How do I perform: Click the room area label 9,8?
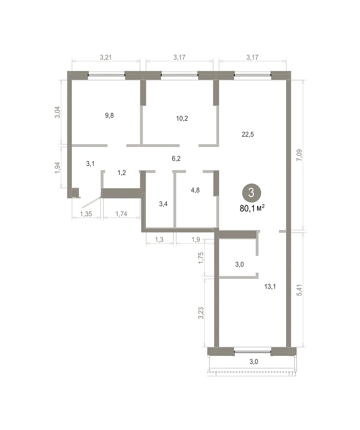click(x=109, y=115)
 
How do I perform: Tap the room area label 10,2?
click(x=182, y=118)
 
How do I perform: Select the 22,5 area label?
click(x=248, y=134)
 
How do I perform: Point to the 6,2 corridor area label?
click(x=176, y=159)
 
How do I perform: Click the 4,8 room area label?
click(x=195, y=190)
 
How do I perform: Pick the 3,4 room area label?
click(x=163, y=204)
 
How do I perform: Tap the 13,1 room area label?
click(x=270, y=286)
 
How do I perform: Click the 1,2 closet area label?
click(x=122, y=173)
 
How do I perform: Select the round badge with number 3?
click(x=251, y=193)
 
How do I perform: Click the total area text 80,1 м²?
click(x=252, y=209)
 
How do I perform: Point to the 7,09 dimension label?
click(x=299, y=155)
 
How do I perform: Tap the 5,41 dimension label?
click(x=299, y=290)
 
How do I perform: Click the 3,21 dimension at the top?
click(x=106, y=57)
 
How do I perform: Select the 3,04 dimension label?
click(x=57, y=112)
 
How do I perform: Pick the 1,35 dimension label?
click(x=86, y=214)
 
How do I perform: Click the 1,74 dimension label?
click(x=121, y=214)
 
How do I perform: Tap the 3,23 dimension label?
click(x=201, y=313)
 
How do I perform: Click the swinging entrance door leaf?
click(x=91, y=202)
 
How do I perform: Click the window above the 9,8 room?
click(x=106, y=75)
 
